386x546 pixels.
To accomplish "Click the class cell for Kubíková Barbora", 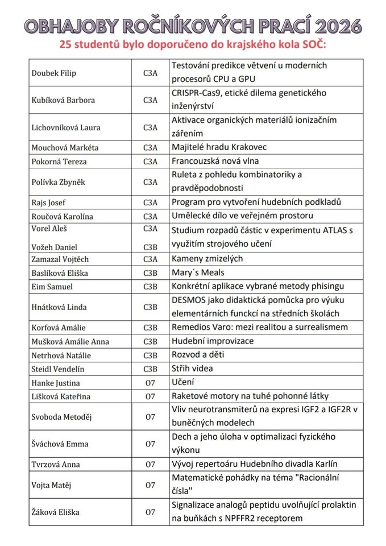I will click(x=150, y=100).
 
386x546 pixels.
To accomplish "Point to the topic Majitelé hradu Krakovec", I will click(x=219, y=147).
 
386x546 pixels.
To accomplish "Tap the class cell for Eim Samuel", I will click(x=150, y=287).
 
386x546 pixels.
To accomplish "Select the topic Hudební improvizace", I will click(x=213, y=341).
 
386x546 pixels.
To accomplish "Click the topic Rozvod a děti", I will click(x=198, y=355).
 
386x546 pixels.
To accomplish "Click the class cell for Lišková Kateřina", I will click(x=150, y=396).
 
